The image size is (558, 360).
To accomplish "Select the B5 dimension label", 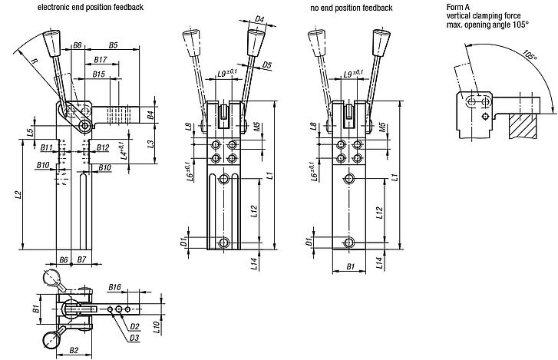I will pyautogui.click(x=113, y=45).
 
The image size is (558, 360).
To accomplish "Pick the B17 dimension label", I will pyautogui.click(x=100, y=59).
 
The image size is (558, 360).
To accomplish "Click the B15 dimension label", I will pyautogui.click(x=97, y=74).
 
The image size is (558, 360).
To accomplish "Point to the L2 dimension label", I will pyautogui.click(x=17, y=197).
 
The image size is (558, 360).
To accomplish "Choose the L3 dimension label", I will pyautogui.click(x=151, y=144).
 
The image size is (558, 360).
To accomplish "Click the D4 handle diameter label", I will pyautogui.click(x=259, y=19).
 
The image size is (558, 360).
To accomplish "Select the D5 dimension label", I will pyautogui.click(x=266, y=66).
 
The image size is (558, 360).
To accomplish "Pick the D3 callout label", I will pyautogui.click(x=134, y=337).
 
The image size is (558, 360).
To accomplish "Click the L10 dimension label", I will pyautogui.click(x=157, y=325).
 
